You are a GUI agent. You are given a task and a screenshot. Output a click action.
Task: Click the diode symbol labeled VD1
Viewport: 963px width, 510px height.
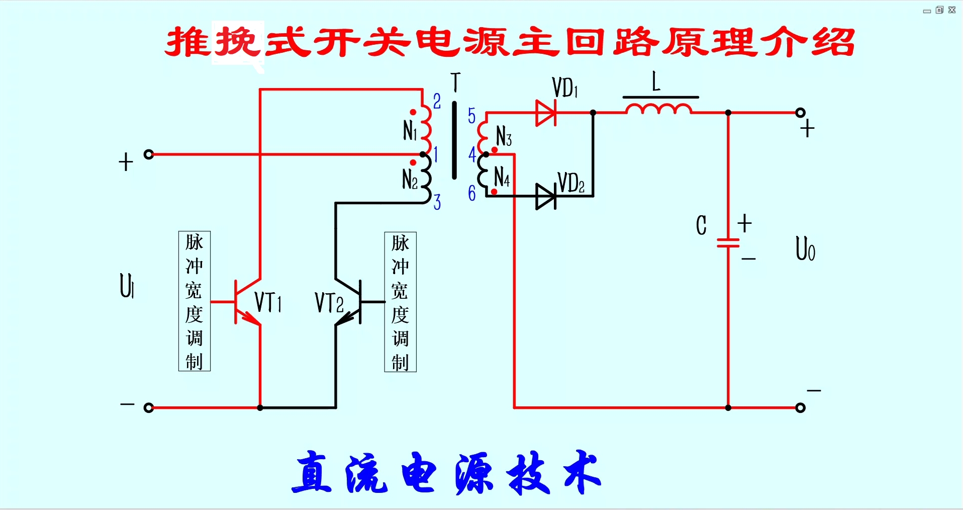pos(546,113)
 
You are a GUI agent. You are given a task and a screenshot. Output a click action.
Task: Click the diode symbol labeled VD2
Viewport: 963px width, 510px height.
pos(546,196)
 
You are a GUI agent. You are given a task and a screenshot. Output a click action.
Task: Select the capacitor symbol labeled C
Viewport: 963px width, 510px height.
pos(728,243)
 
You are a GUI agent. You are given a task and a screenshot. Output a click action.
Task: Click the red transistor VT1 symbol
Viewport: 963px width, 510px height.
pos(246,302)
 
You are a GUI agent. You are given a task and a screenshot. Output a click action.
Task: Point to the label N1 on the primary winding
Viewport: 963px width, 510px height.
pos(410,131)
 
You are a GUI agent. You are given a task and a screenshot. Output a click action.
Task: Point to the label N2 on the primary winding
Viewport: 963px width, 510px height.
pos(410,179)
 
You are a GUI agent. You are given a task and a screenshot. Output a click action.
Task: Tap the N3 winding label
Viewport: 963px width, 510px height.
pos(504,136)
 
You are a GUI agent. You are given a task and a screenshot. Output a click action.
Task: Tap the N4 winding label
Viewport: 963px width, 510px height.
pos(502,177)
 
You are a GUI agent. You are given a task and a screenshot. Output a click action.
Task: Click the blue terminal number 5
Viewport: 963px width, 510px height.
pos(471,116)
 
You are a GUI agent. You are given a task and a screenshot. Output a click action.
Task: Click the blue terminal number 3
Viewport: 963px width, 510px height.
pos(437,202)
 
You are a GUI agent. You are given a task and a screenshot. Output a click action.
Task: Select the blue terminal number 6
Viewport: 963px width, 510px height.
pos(471,193)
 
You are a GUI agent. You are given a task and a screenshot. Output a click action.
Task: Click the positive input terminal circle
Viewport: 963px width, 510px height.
pos(148,154)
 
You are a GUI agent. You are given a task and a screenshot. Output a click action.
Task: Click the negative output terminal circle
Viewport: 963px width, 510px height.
pos(801,407)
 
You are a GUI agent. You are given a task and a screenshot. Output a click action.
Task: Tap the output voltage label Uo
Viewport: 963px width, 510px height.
pos(805,248)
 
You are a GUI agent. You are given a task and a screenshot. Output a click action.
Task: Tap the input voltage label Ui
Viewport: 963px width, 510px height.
pos(127,286)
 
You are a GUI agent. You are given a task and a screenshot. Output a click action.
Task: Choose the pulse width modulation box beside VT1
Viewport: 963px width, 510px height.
pos(195,301)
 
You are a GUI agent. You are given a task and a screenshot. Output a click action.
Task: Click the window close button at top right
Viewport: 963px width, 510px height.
pos(952,10)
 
